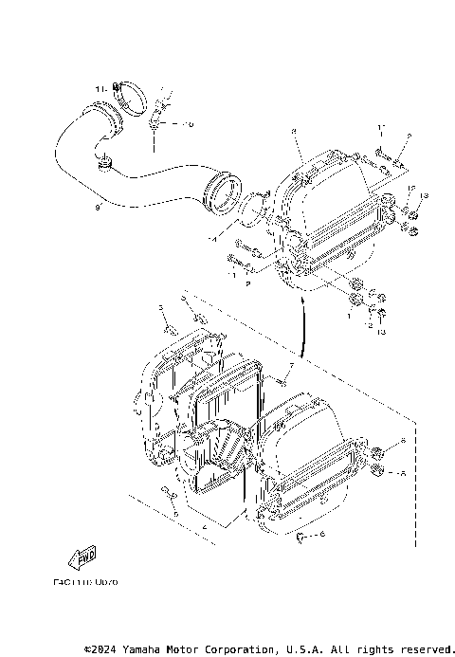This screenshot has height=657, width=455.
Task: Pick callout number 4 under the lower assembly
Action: pos(204,523)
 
